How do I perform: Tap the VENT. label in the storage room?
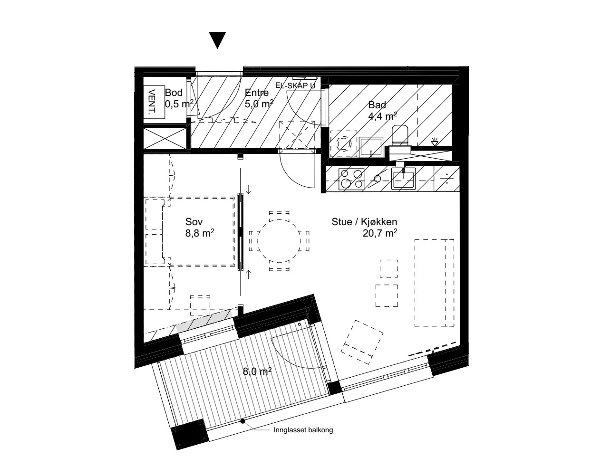pos(152,102)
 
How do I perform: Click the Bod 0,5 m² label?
pos(179,98)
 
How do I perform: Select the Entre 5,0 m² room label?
pos(259,98)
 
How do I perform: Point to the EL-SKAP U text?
pos(295,86)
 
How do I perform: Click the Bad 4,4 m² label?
pos(383,111)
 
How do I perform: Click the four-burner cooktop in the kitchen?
pos(351,179)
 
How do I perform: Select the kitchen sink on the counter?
pos(403,179)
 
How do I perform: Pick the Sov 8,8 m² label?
pos(200,228)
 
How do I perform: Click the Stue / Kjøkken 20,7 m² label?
pos(365,228)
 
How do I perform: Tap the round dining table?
pos(279,241)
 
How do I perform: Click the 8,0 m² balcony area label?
pos(257,371)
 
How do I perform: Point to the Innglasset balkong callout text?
pos(303,430)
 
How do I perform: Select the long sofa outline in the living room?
pos(434,283)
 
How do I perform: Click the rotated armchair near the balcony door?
pos(362,342)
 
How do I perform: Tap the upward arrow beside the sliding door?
pos(248,274)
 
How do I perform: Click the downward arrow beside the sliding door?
pos(248,190)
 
